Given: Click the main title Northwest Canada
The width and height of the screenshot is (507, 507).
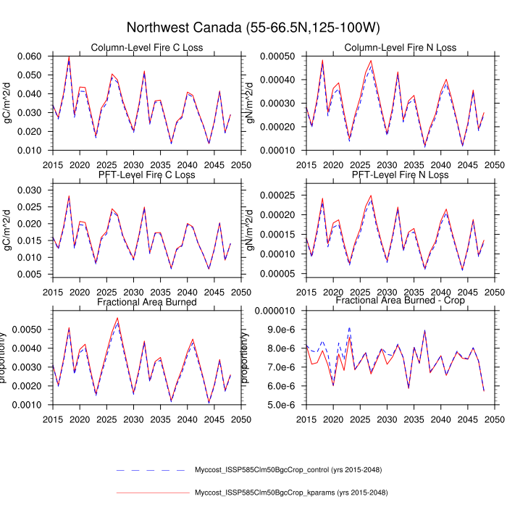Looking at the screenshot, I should pos(253,28).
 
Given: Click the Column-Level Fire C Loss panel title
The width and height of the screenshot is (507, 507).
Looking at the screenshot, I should pos(146,48).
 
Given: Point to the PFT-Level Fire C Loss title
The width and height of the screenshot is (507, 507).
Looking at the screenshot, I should pos(146,175).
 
